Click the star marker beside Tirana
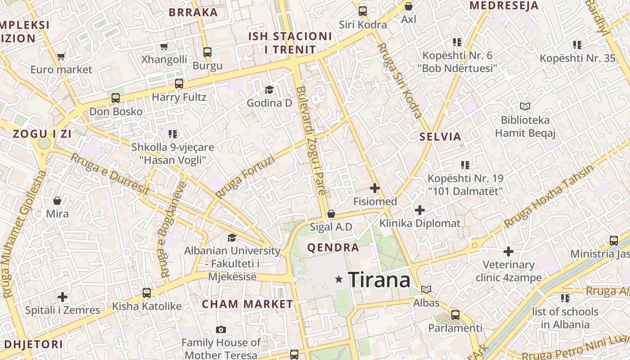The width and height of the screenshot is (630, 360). [339, 279]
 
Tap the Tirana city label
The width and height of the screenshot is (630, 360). [379, 280]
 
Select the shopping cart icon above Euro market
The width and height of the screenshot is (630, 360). [61, 57]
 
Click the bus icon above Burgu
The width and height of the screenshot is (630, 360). [207, 52]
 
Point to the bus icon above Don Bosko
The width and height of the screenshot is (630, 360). [116, 98]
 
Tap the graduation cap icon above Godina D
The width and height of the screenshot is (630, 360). [269, 90]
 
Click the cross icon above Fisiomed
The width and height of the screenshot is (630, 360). [374, 188]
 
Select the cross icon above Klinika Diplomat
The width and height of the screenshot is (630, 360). [419, 210]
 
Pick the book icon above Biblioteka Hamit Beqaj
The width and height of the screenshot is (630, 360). [525, 107]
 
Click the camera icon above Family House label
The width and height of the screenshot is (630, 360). [220, 329]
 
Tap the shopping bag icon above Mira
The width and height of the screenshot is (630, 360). [57, 200]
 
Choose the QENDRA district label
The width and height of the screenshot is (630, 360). [333, 247]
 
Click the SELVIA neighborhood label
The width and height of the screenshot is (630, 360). [440, 137]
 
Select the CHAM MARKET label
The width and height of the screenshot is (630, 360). [247, 304]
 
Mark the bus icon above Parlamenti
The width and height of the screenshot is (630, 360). [455, 315]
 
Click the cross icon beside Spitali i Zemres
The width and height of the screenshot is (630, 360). [63, 297]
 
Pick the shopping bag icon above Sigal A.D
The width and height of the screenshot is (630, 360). [331, 214]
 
